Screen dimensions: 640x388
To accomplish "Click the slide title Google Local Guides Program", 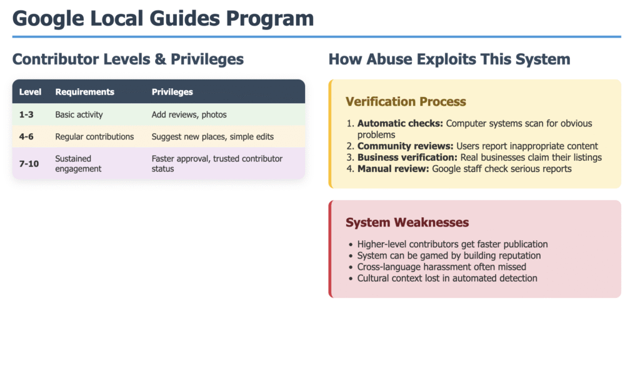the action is (163, 19).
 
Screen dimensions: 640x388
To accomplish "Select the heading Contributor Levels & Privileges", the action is (127, 59).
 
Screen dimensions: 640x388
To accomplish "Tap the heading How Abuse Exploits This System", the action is (449, 59).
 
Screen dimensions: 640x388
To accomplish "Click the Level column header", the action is (30, 92).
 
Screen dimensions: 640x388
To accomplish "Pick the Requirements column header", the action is (85, 92).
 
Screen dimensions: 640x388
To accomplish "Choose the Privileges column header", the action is (172, 92).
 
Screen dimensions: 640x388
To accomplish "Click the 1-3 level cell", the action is (26, 115).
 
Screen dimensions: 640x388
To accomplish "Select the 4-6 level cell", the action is (26, 136).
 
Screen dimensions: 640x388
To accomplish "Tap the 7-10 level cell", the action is (29, 163).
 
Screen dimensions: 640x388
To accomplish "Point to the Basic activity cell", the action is (79, 115).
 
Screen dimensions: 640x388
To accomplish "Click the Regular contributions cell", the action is (94, 136).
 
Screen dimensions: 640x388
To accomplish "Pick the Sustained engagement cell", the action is (78, 163).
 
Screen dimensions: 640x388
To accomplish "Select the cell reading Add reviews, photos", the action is (189, 115).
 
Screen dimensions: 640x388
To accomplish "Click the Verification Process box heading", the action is (406, 101).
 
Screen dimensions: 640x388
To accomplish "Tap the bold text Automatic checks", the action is (400, 123).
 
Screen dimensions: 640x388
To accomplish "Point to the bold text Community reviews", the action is (405, 146).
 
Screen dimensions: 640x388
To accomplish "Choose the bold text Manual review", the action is (393, 169).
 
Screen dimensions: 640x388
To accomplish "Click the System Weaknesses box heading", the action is (407, 222).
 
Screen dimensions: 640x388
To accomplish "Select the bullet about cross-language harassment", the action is (442, 267).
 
